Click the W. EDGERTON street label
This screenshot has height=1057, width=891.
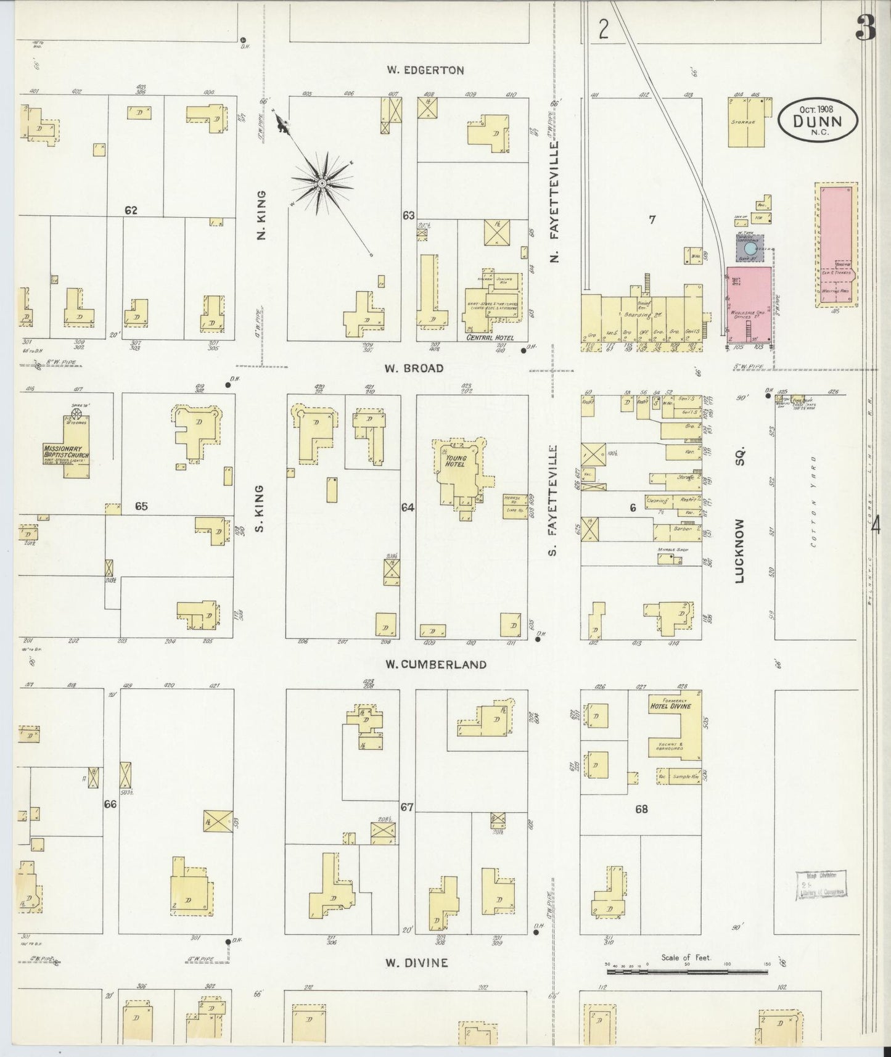point(425,70)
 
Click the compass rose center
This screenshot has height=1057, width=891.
point(321,184)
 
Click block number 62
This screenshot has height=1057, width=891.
point(131,210)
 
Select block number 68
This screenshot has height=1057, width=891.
point(641,809)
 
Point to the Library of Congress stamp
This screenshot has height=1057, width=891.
point(820,884)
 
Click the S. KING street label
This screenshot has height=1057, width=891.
point(260,509)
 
